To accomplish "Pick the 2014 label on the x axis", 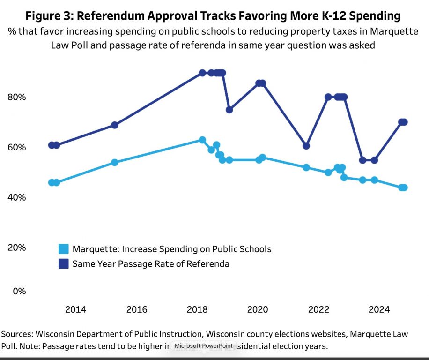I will pos(75,309).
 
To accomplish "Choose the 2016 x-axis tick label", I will pos(136,309).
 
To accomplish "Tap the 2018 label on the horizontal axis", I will pos(197,309).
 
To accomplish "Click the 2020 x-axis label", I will pos(258,309).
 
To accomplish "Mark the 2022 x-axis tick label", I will pos(318,309).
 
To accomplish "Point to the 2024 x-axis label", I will pos(379,309).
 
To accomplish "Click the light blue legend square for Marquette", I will pos(63,249).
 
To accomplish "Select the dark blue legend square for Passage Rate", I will pos(63,264).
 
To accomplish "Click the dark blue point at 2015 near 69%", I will pos(115,125).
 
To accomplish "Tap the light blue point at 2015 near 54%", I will pos(115,162).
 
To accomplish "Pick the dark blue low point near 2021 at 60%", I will pos(306,146).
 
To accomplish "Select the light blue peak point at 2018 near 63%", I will pos(202,140).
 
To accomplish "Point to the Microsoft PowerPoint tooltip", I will pos(203,346).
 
